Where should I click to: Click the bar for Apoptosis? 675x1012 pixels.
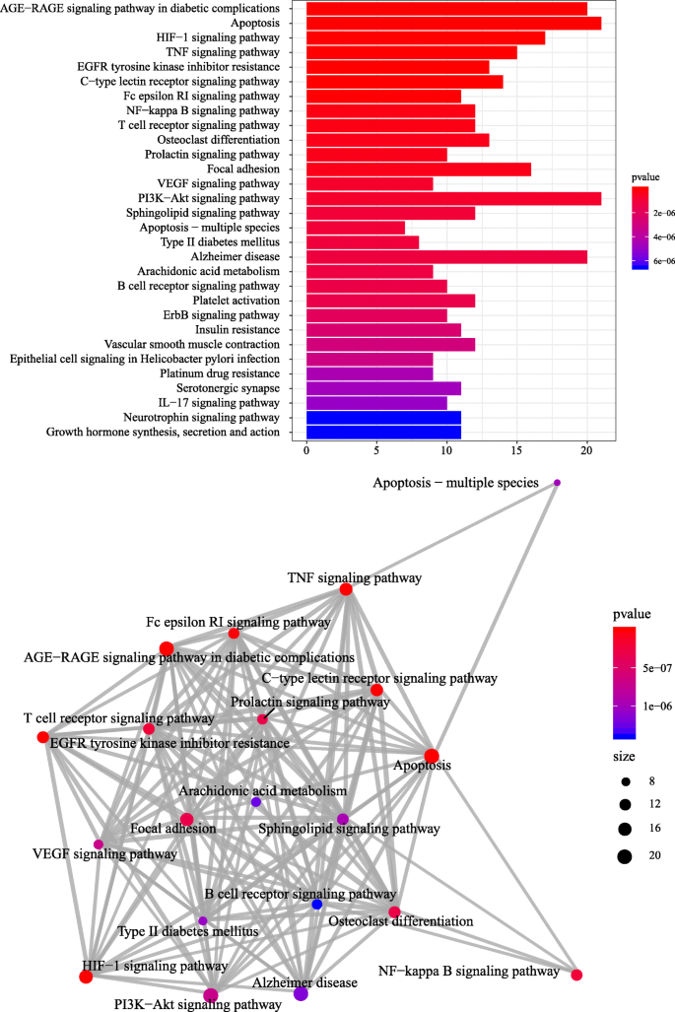453,23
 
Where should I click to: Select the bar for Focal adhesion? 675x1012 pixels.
419,169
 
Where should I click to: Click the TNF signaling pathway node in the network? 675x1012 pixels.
346,589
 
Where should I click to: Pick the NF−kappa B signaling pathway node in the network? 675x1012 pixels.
576,975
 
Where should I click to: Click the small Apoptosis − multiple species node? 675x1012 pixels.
558,483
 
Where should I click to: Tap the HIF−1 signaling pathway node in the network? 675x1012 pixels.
86,977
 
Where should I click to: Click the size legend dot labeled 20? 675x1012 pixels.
624,855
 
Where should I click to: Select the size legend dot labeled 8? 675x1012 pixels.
624,779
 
